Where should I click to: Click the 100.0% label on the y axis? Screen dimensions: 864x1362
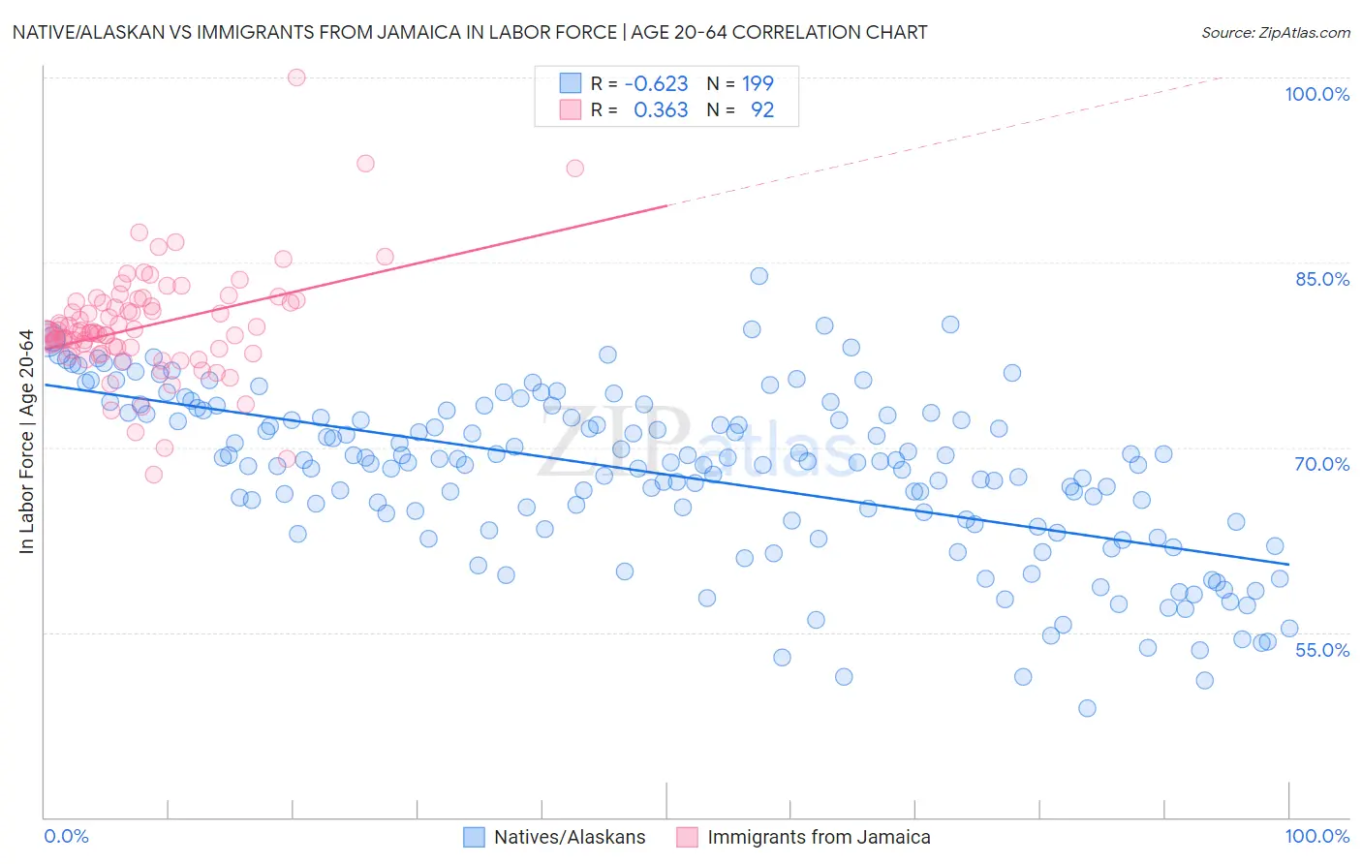coord(1316,94)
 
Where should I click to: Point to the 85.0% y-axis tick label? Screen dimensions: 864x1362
coord(1322,279)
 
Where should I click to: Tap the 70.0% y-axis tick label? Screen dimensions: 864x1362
coord(1322,464)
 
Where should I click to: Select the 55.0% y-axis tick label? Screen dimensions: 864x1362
coord(1322,650)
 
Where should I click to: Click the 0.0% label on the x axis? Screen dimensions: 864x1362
coord(66,836)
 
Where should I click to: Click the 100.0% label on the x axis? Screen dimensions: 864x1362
coord(1316,836)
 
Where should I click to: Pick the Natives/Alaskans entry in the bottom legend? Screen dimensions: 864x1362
coord(569,837)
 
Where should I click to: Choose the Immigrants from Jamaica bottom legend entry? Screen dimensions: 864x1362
coord(819,837)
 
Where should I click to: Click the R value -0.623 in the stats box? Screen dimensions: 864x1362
coord(656,83)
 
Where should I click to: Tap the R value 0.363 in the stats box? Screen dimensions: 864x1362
coord(661,109)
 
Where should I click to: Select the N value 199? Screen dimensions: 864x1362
coord(758,83)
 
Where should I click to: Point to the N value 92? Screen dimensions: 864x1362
coord(762,109)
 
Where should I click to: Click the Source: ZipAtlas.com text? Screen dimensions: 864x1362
coord(1275,32)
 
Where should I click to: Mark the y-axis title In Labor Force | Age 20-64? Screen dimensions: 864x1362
coord(27,443)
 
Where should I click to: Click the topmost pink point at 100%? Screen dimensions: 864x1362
coord(296,77)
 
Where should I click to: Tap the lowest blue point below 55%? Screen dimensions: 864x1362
coord(1087,708)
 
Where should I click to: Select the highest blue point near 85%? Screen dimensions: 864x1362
coord(758,276)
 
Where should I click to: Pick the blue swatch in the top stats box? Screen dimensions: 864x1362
coord(571,83)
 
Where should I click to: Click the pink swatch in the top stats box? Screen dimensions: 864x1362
coord(571,109)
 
